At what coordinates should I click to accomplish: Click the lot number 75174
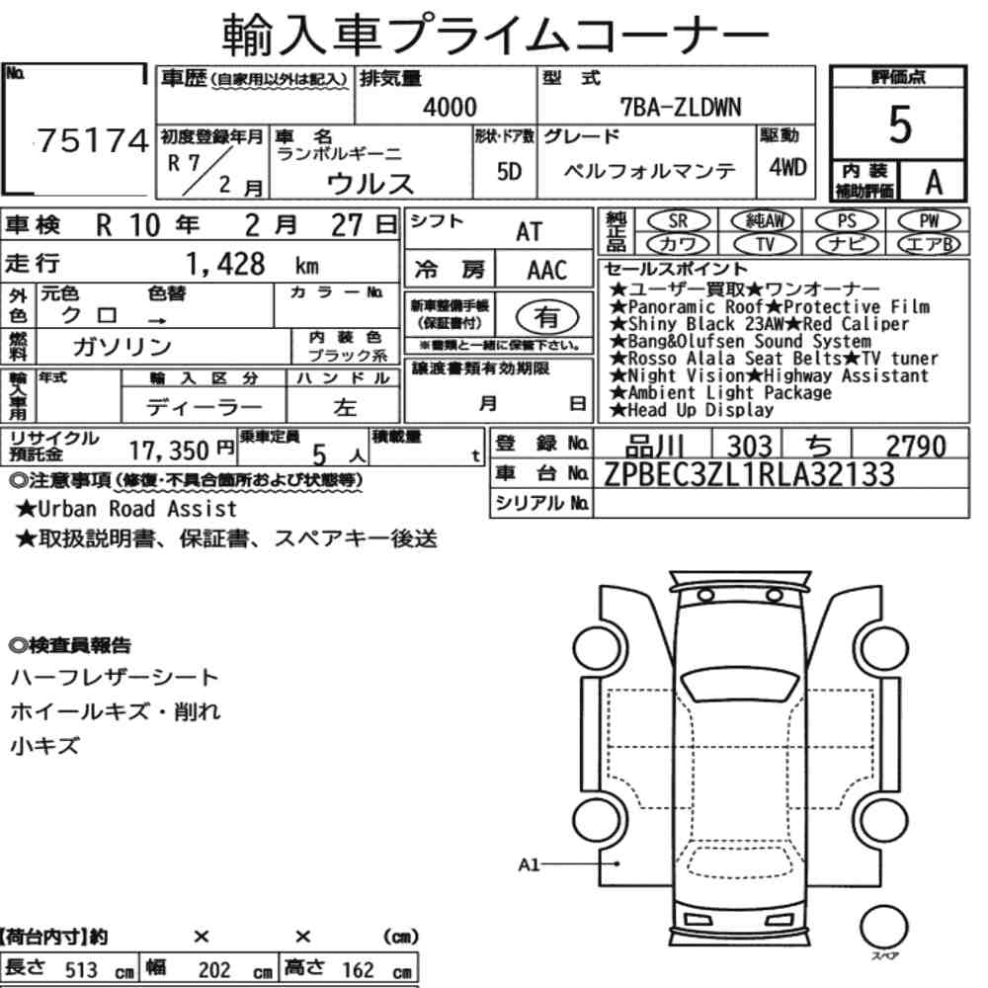pyautogui.click(x=93, y=140)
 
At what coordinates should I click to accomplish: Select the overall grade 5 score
pyautogui.click(x=900, y=124)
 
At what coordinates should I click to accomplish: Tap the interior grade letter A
pyautogui.click(x=934, y=183)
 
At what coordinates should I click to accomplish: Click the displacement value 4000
pyautogui.click(x=450, y=107)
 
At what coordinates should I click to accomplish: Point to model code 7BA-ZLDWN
pyautogui.click(x=681, y=107)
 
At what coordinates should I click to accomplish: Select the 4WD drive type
pyautogui.click(x=787, y=167)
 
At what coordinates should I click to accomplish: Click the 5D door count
pyautogui.click(x=509, y=171)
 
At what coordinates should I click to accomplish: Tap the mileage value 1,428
pyautogui.click(x=225, y=264)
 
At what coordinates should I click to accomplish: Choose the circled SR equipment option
pyautogui.click(x=679, y=221)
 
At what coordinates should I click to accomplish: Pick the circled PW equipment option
pyautogui.click(x=929, y=221)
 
